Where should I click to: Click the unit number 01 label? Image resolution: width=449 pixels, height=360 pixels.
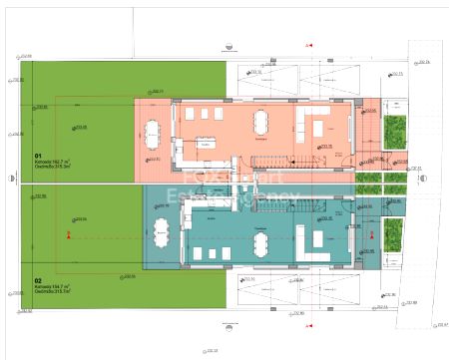(x=38, y=156)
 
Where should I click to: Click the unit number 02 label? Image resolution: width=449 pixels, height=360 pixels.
(x=38, y=280)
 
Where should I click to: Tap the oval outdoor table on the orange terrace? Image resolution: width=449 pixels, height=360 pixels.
(x=153, y=133)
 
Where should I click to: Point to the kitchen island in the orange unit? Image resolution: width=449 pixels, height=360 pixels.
(x=207, y=142)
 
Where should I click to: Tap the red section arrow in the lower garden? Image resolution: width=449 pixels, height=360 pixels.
(x=68, y=235)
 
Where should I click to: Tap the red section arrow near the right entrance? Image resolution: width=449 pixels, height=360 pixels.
(x=368, y=235)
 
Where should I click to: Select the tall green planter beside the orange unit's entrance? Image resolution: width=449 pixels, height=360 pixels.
(x=395, y=131)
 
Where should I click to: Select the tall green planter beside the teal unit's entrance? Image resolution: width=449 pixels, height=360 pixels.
(x=395, y=235)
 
